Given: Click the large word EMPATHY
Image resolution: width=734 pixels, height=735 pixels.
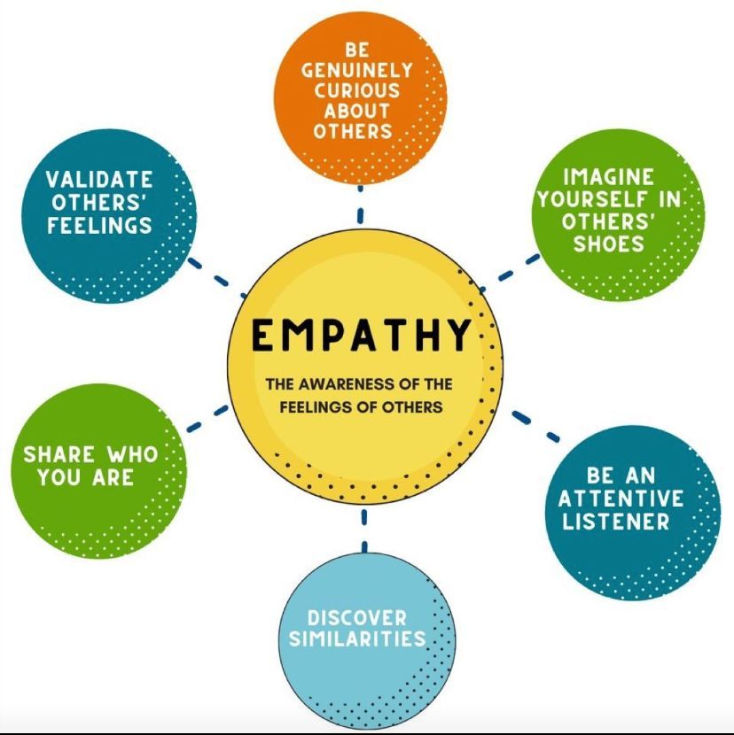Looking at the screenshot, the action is pos(360,336).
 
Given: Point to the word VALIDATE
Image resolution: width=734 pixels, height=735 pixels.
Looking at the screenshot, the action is pos(99,182).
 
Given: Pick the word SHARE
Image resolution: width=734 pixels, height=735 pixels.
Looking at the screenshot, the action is pos(62,455).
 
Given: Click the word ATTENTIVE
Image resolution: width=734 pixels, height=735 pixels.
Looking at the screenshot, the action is pos(621,499).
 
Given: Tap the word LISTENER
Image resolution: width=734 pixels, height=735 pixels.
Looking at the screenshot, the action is pos(615,522).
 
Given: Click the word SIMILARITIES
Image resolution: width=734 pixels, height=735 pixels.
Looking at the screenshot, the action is pos(366,638).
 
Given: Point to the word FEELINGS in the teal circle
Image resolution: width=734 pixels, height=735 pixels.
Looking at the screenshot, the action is pos(99,226).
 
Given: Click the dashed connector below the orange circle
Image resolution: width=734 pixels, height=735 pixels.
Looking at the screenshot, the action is pos(360,205).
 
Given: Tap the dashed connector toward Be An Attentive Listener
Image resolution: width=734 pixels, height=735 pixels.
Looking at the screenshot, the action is pos(535,426).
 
